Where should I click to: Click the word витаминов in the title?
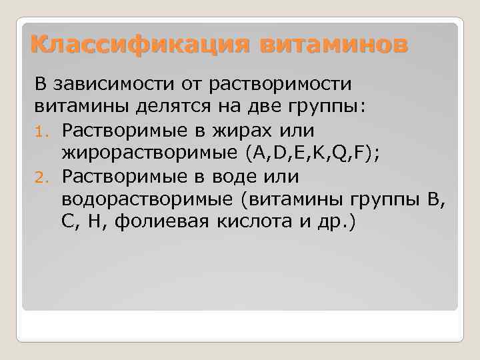[331, 45]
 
